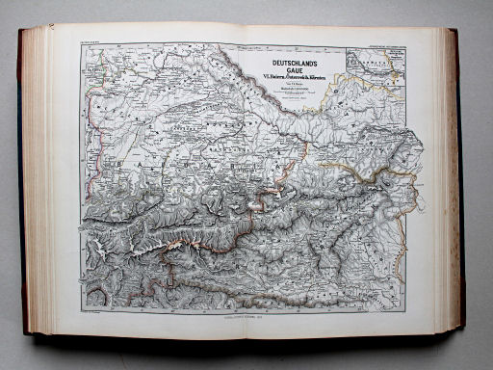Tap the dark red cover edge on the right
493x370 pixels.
[x=457, y=183]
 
